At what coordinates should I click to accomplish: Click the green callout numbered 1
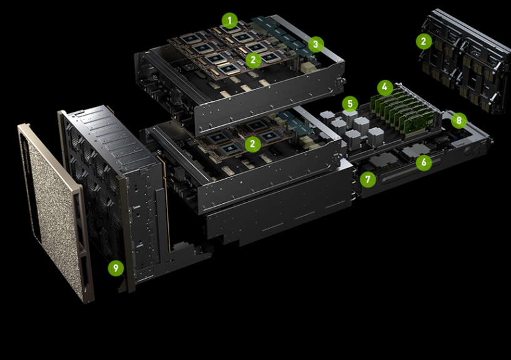click(x=229, y=21)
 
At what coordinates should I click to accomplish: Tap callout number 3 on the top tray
click(x=316, y=44)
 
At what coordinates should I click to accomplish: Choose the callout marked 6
click(x=424, y=162)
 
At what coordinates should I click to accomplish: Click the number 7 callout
click(x=367, y=180)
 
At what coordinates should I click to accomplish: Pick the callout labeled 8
click(x=459, y=119)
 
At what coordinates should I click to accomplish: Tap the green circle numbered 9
click(x=114, y=268)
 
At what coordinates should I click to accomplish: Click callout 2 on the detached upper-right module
click(x=424, y=41)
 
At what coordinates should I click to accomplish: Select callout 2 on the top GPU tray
click(x=253, y=60)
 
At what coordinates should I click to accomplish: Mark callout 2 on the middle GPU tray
click(x=252, y=144)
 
